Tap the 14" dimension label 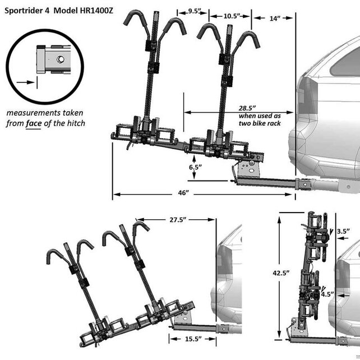tap(273, 19)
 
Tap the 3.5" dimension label tap(343, 230)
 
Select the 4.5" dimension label tap(327, 293)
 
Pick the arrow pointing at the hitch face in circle tap(25, 82)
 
